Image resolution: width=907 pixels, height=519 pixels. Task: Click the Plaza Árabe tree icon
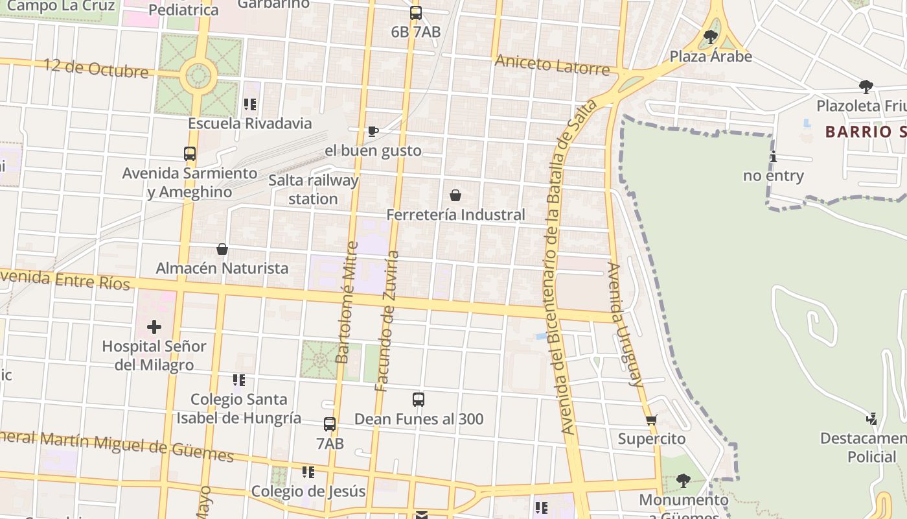point(711,36)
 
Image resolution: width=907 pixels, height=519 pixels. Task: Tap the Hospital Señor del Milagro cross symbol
point(154,327)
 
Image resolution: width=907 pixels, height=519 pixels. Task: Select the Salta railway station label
point(313,189)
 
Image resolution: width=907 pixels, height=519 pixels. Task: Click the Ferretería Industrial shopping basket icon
point(455,195)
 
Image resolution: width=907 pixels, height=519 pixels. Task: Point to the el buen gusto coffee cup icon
point(373,132)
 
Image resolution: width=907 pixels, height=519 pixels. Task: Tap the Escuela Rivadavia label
point(250,123)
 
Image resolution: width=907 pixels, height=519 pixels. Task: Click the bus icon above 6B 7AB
point(416,13)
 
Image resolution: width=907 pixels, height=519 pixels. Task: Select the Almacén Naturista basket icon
point(222,249)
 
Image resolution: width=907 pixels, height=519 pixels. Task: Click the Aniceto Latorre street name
point(552,65)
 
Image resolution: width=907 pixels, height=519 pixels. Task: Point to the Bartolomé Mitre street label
point(347,302)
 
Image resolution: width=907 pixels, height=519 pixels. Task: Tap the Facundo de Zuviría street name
point(387,320)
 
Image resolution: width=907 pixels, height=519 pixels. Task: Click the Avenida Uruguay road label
point(625,324)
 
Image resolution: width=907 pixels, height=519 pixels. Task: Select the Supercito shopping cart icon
point(652,420)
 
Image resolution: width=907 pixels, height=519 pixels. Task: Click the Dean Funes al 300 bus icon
point(419,400)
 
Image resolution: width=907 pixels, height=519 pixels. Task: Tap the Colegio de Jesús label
point(308,491)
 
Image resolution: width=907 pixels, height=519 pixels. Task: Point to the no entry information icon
point(773,157)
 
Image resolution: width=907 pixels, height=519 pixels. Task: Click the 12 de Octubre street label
point(96,68)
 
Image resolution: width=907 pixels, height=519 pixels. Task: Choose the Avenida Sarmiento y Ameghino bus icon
point(190,154)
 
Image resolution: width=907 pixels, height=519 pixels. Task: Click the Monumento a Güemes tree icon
point(683,481)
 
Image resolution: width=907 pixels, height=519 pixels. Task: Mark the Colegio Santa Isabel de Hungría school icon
point(239,380)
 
